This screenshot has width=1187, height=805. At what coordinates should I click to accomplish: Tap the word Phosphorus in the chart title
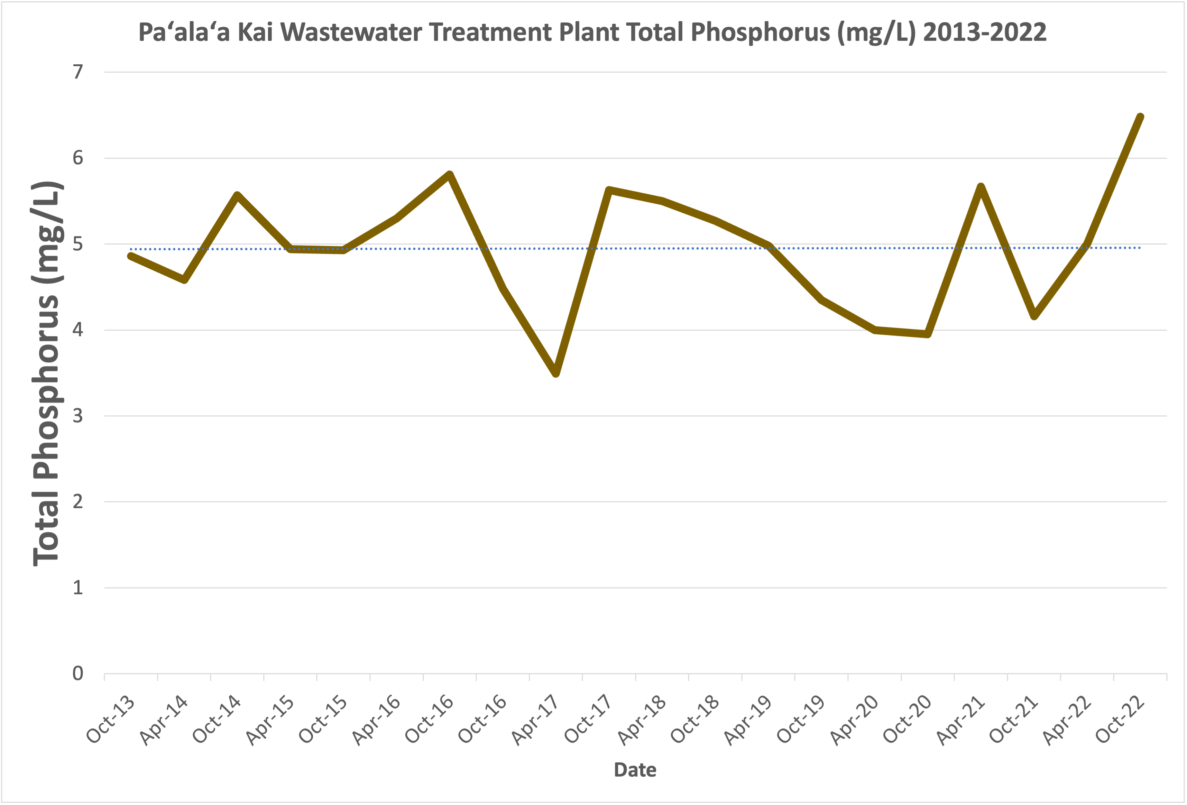tap(761, 32)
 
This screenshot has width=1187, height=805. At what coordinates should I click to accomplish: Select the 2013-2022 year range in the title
tap(985, 32)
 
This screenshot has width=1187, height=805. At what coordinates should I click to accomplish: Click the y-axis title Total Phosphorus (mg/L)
tap(47, 373)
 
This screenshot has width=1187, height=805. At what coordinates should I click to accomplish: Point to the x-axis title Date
tap(635, 770)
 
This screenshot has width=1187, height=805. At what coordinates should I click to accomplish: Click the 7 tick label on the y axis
tap(77, 72)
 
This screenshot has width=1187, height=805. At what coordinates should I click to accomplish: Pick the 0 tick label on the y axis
tap(77, 674)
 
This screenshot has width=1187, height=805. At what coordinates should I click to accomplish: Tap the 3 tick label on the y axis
tap(77, 416)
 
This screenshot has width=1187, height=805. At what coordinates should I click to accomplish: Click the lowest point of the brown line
tap(556, 373)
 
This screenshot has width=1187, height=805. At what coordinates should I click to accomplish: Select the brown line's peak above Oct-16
tap(450, 175)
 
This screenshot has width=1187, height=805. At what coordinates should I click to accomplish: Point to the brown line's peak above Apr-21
tap(981, 187)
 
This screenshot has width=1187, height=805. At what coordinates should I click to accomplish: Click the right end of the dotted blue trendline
tap(1140, 248)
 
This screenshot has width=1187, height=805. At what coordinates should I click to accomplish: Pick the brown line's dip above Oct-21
tap(1034, 316)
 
